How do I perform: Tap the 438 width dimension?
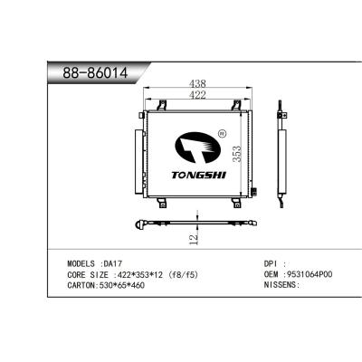196,81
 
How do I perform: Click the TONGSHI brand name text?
197,171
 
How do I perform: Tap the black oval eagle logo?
195,147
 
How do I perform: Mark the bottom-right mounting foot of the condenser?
238,201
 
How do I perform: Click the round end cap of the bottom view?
137,224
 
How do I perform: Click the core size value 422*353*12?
136,272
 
